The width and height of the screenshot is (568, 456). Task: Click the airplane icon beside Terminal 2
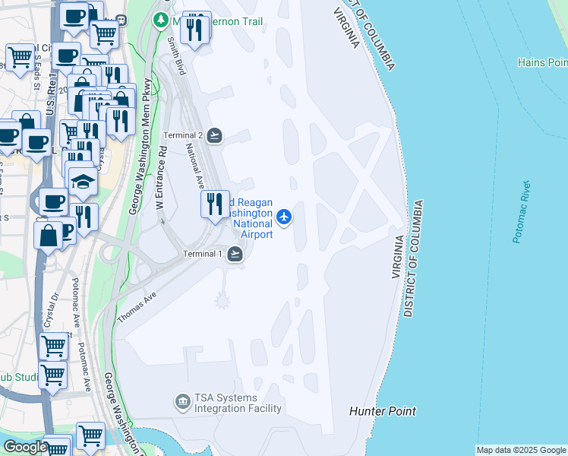pos(215,135)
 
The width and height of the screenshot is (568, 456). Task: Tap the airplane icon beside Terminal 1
pos(235,254)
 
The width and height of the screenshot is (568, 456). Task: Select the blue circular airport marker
pos(285,217)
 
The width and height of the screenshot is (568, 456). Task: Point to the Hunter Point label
pos(383,411)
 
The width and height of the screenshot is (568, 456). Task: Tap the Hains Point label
pos(542,62)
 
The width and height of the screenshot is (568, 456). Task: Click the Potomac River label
pos(521,212)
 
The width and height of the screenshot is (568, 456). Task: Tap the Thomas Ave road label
pos(137,308)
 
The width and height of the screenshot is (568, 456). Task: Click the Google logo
pos(25,447)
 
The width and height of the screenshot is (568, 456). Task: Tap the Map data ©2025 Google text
pos(521,450)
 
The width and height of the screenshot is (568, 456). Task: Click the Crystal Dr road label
pos(50,311)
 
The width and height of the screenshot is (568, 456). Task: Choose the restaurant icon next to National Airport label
pos(215,204)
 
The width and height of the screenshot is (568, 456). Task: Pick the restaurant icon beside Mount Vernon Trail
pos(196,28)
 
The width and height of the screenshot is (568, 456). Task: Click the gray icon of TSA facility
pos(182,401)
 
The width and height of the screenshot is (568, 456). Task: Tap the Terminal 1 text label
pos(202,254)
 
